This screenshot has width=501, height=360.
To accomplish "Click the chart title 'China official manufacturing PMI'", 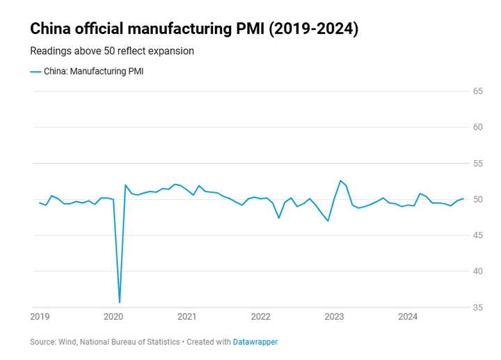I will tap(194, 29).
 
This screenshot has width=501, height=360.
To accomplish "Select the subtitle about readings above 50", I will tap(112, 51).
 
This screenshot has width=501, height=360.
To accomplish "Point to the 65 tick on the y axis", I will tap(478, 91).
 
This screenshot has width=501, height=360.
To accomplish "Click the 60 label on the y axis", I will tap(478, 127).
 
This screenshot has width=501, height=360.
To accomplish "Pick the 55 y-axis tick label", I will tap(478, 164).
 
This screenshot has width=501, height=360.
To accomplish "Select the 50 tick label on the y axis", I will tap(478, 200).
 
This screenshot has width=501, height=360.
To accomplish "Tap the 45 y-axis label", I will tap(478, 235).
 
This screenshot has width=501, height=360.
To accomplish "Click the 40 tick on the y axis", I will tap(478, 272).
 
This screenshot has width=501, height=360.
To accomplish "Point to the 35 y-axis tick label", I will tap(478, 308).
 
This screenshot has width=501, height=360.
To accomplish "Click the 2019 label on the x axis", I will tap(40, 318).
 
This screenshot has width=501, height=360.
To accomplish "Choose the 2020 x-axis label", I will tap(113, 318).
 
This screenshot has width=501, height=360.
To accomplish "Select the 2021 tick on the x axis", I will tap(186, 318).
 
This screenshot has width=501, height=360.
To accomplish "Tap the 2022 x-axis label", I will tap(260, 318).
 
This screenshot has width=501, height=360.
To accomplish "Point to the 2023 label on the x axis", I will tap(334, 318).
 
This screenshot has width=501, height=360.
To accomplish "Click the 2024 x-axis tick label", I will tap(408, 318).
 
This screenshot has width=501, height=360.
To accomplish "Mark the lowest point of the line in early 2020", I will tap(120, 302).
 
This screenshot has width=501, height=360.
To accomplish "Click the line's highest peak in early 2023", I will tap(340, 181).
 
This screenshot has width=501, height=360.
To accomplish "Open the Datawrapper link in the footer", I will tap(255, 342).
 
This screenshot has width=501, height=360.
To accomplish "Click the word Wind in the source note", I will tap(69, 342).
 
